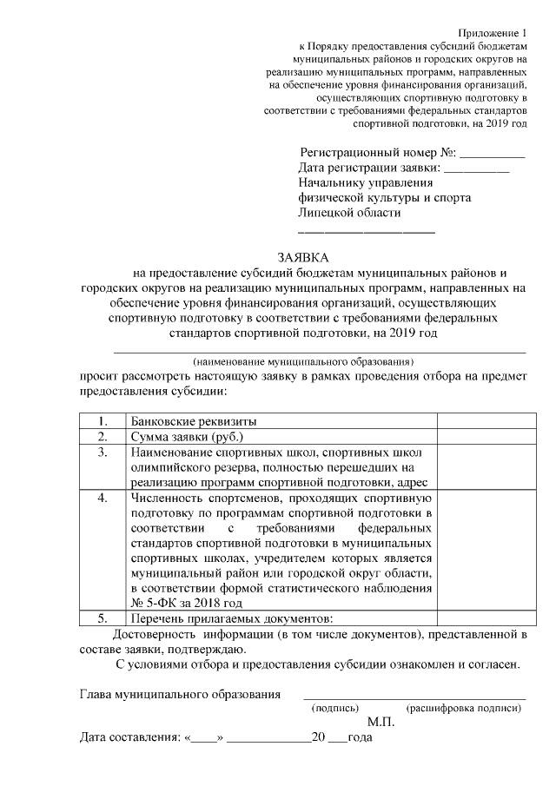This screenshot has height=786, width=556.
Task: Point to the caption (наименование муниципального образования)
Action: pos(303,360)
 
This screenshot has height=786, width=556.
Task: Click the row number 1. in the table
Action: pos(102,421)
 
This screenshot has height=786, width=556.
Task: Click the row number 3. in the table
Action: pos(102,452)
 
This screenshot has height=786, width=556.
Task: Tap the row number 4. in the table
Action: pos(102,499)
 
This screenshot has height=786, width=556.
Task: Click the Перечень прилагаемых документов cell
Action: pos(230,618)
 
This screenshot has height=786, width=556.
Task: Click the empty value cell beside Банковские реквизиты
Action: pos(480,421)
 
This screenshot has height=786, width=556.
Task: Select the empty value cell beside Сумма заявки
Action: pos(480,437)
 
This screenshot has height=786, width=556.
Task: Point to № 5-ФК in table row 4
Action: pos(153,602)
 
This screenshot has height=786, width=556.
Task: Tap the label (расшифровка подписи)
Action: pos(463,708)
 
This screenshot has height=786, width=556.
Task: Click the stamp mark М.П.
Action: pos(381,723)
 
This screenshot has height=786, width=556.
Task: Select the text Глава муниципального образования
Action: pos(180,694)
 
